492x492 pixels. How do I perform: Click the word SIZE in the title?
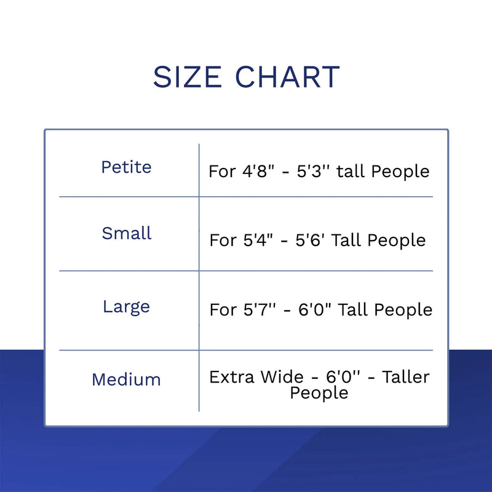(x=188, y=77)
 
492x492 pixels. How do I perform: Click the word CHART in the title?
(x=287, y=77)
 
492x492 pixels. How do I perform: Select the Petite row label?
(x=127, y=167)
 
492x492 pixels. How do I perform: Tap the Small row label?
(x=127, y=233)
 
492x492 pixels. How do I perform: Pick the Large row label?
(x=127, y=307)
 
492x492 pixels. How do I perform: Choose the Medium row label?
(x=127, y=379)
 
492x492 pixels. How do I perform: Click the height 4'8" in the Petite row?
(x=258, y=172)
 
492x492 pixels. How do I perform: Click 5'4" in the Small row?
(x=258, y=240)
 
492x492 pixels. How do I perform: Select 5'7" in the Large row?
(x=260, y=310)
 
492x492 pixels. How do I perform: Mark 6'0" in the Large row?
(x=315, y=310)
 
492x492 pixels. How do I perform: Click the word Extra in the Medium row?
(x=232, y=377)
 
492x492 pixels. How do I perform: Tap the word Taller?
(x=406, y=377)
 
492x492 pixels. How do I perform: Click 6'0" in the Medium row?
(x=343, y=377)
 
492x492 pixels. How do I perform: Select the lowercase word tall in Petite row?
(x=351, y=172)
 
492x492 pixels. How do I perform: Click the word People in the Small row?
(x=396, y=241)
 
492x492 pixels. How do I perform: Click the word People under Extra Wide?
(x=319, y=393)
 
